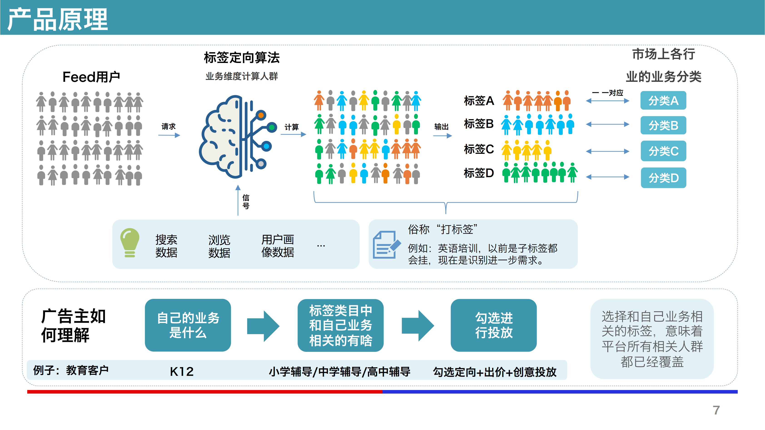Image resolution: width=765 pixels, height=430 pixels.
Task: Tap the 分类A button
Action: [x=663, y=100]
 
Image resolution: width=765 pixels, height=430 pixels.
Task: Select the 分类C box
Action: [x=663, y=151]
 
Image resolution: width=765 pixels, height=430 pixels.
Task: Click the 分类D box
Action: [x=663, y=178]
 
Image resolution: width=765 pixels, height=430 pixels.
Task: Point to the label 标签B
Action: [x=479, y=124]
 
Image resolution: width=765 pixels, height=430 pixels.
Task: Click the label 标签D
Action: [x=479, y=173]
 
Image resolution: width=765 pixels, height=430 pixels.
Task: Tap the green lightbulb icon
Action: [x=130, y=242]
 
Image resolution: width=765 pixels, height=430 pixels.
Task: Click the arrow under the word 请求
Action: [x=169, y=135]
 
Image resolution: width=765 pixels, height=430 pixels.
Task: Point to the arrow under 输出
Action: [x=442, y=136]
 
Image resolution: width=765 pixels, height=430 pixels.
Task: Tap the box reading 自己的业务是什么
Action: [x=188, y=325]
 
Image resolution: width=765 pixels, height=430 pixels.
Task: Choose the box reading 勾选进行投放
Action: [x=494, y=325]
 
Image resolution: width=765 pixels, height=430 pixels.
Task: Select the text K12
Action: [x=182, y=371]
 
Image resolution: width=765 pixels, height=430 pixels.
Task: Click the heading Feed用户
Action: [x=91, y=77]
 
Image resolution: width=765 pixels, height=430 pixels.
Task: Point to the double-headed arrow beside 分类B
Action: [x=608, y=124]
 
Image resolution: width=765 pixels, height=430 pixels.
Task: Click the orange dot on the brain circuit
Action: [x=261, y=115]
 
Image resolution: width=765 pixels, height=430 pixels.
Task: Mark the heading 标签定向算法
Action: [x=242, y=58]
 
